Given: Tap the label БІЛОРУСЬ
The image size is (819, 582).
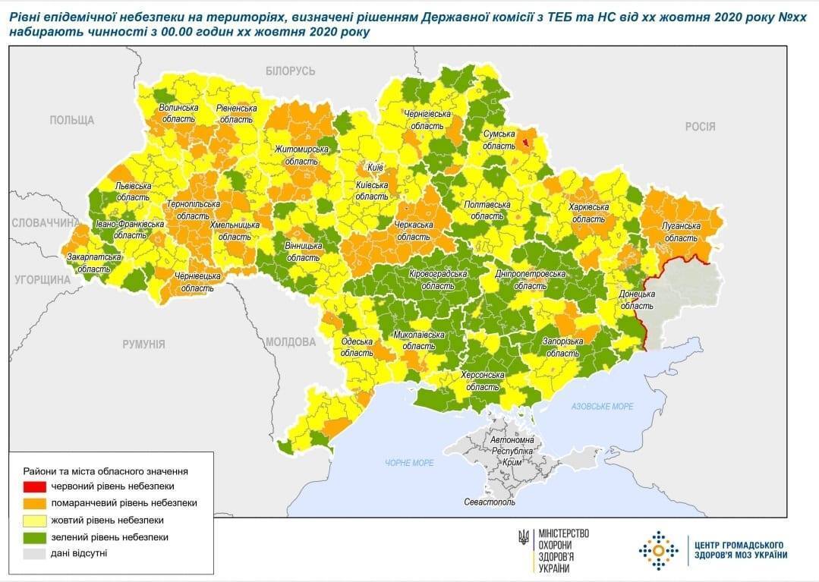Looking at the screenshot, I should coord(290,71).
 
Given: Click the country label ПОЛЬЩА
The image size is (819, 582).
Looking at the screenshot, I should coord(72,120).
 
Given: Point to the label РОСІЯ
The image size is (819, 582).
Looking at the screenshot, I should coord(700,127).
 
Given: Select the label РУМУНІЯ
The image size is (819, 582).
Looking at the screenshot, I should coord(143,344).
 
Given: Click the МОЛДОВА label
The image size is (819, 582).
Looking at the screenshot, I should coord(290,341).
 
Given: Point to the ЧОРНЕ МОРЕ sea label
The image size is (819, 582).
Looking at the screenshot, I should coord(409,463).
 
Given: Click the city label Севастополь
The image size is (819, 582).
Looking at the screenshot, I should coord(490,502).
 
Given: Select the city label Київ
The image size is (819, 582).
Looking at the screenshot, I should coord(374,166).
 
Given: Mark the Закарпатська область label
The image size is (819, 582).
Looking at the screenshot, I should coord(94,263).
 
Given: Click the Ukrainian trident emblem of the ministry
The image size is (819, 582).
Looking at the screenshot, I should coord(524,536).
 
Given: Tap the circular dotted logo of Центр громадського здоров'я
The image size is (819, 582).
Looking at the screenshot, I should coord(657,550).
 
